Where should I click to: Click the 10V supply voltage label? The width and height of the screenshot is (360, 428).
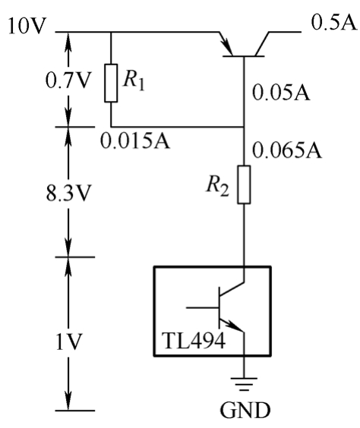click(x=27, y=26)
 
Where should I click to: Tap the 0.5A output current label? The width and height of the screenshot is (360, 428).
click(x=333, y=22)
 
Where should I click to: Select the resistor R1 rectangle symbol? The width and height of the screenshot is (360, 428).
click(x=111, y=83)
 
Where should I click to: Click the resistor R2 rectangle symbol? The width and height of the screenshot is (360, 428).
click(x=244, y=184)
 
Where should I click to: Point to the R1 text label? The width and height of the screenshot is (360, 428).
click(x=134, y=80)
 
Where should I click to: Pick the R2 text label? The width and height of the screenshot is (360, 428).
click(x=218, y=187)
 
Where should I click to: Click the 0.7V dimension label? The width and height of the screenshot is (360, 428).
click(x=67, y=80)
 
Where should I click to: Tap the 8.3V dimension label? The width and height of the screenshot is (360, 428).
click(x=68, y=194)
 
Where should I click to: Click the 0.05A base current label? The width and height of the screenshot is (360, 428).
click(x=281, y=92)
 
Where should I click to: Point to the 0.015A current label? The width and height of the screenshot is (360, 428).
click(x=135, y=140)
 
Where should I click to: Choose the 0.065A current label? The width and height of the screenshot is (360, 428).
click(x=287, y=149)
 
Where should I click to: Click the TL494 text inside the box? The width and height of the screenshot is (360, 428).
click(x=194, y=341)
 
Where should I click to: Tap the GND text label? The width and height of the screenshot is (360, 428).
click(x=245, y=410)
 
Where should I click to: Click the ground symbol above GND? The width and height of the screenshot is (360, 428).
click(x=244, y=384)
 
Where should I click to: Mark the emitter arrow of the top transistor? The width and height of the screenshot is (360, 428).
click(x=226, y=44)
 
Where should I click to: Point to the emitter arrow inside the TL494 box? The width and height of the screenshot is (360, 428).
click(x=232, y=325)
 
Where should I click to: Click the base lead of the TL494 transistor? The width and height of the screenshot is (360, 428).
click(x=203, y=307)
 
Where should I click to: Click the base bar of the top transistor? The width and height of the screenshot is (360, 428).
click(x=244, y=56)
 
